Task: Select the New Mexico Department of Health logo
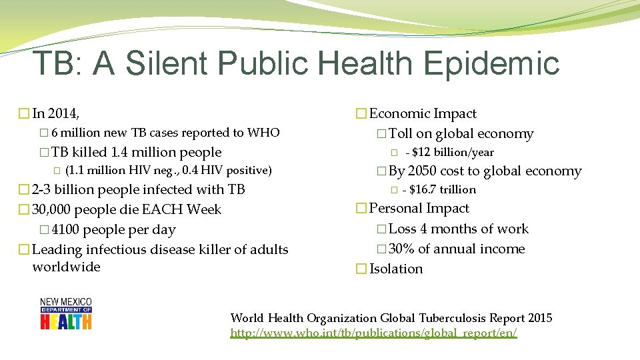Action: (x=66, y=313)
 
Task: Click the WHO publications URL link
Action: (x=373, y=332)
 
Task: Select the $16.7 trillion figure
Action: (x=443, y=190)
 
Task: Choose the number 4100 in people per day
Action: (x=61, y=230)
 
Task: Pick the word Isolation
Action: (x=396, y=269)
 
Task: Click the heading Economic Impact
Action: (x=423, y=114)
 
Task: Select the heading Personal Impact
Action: (x=419, y=209)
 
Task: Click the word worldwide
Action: (x=66, y=267)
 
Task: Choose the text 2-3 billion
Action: (x=65, y=189)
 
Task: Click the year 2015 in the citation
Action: (x=538, y=318)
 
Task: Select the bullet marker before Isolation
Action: (x=361, y=269)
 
